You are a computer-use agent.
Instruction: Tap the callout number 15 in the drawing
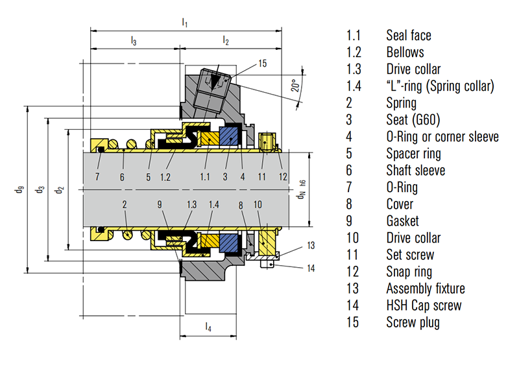click(262, 64)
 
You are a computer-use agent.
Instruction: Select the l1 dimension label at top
click(185, 23)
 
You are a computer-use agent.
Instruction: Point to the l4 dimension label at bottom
click(208, 327)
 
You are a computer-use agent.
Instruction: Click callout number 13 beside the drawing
click(310, 246)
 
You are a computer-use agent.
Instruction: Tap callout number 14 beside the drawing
click(310, 267)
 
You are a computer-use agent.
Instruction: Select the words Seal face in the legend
click(408, 35)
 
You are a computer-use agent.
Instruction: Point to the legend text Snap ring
click(409, 272)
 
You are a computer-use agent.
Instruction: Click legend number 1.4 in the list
click(354, 86)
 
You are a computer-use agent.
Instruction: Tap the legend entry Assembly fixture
click(425, 289)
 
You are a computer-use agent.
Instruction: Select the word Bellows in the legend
click(405, 53)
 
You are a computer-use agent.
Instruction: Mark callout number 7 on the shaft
click(98, 176)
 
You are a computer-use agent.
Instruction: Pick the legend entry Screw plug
click(413, 322)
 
